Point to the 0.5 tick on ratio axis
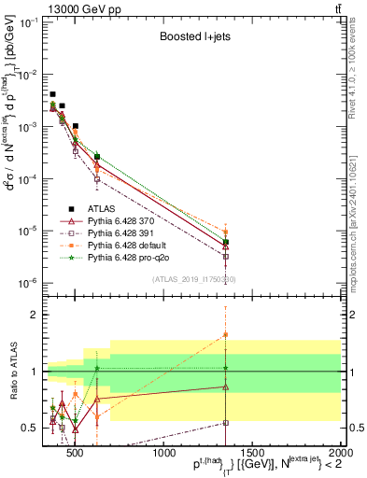click(32, 428)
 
